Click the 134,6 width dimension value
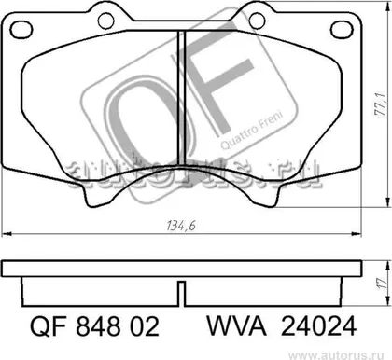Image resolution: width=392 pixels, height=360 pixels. point(181,226)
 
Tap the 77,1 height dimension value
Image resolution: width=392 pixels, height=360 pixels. point(381,104)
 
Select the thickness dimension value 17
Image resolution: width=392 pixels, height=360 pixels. point(382,283)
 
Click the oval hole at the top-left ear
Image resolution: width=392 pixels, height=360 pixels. point(21,30)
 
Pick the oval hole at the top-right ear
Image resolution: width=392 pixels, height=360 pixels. point(342,30)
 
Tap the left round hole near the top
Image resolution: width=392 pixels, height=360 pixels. point(105,21)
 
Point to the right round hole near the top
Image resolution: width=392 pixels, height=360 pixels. point(258,21)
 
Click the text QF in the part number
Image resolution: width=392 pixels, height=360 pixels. point(49,326)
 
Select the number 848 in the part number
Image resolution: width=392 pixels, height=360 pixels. point(99,326)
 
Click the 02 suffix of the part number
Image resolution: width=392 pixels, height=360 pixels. point(145,326)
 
